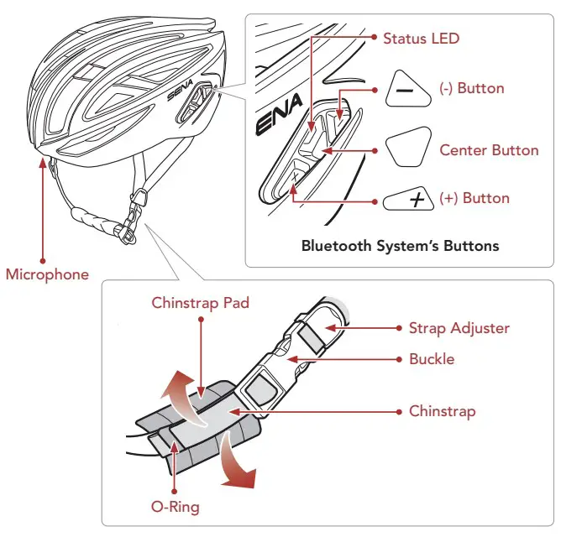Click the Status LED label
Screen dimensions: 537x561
[x=421, y=39]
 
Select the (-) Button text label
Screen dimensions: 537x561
[x=471, y=89]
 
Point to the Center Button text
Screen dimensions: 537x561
[x=489, y=150]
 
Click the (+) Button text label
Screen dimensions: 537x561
[x=474, y=198]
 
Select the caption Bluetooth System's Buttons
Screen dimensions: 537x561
[x=400, y=246]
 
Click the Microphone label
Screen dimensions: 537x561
[x=47, y=274]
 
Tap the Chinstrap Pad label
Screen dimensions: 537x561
[x=200, y=303]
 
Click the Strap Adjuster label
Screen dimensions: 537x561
[x=459, y=328]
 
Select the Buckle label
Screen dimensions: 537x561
[x=432, y=359]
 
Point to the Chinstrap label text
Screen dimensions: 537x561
[x=442, y=411]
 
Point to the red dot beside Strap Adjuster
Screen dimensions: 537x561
[x=398, y=328]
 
